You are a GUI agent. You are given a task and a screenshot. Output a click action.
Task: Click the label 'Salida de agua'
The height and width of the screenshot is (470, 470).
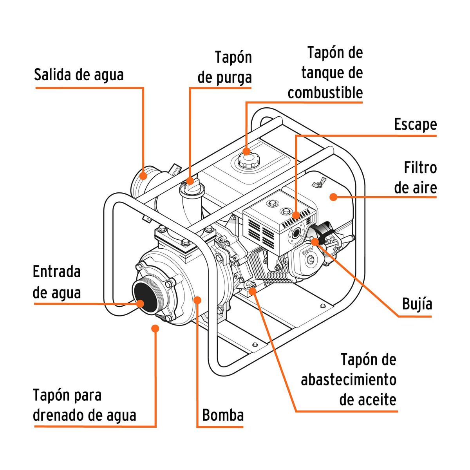tap(79, 74)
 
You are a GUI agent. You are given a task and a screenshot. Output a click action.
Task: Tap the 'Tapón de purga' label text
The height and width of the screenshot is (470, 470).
tap(224, 67)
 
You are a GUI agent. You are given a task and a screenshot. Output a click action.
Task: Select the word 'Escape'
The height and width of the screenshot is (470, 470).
tap(415, 125)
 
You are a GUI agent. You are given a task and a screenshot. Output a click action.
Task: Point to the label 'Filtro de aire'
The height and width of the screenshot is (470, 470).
tap(415, 178)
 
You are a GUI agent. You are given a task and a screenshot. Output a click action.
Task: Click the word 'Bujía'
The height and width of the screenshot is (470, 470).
tap(417, 304)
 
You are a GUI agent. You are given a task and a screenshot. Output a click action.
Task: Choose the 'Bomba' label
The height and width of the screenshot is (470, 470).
tap(222, 415)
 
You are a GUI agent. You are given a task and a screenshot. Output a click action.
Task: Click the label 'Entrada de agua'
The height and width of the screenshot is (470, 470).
tap(57, 282)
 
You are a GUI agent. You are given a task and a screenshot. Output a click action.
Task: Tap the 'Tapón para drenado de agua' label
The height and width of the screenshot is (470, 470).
tap(84, 405)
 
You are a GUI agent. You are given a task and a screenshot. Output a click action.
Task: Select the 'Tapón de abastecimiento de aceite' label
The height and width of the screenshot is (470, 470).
tap(349, 380)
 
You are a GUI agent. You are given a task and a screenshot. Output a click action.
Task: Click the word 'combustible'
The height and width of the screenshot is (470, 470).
tap(325, 93)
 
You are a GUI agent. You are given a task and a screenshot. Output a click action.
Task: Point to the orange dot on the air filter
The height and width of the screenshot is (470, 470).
tap(333, 197)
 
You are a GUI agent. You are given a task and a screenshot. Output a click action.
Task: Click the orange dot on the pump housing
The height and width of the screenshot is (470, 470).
tap(198, 300)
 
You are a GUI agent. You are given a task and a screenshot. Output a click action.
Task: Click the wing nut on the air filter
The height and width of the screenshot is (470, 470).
tap(316, 184)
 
